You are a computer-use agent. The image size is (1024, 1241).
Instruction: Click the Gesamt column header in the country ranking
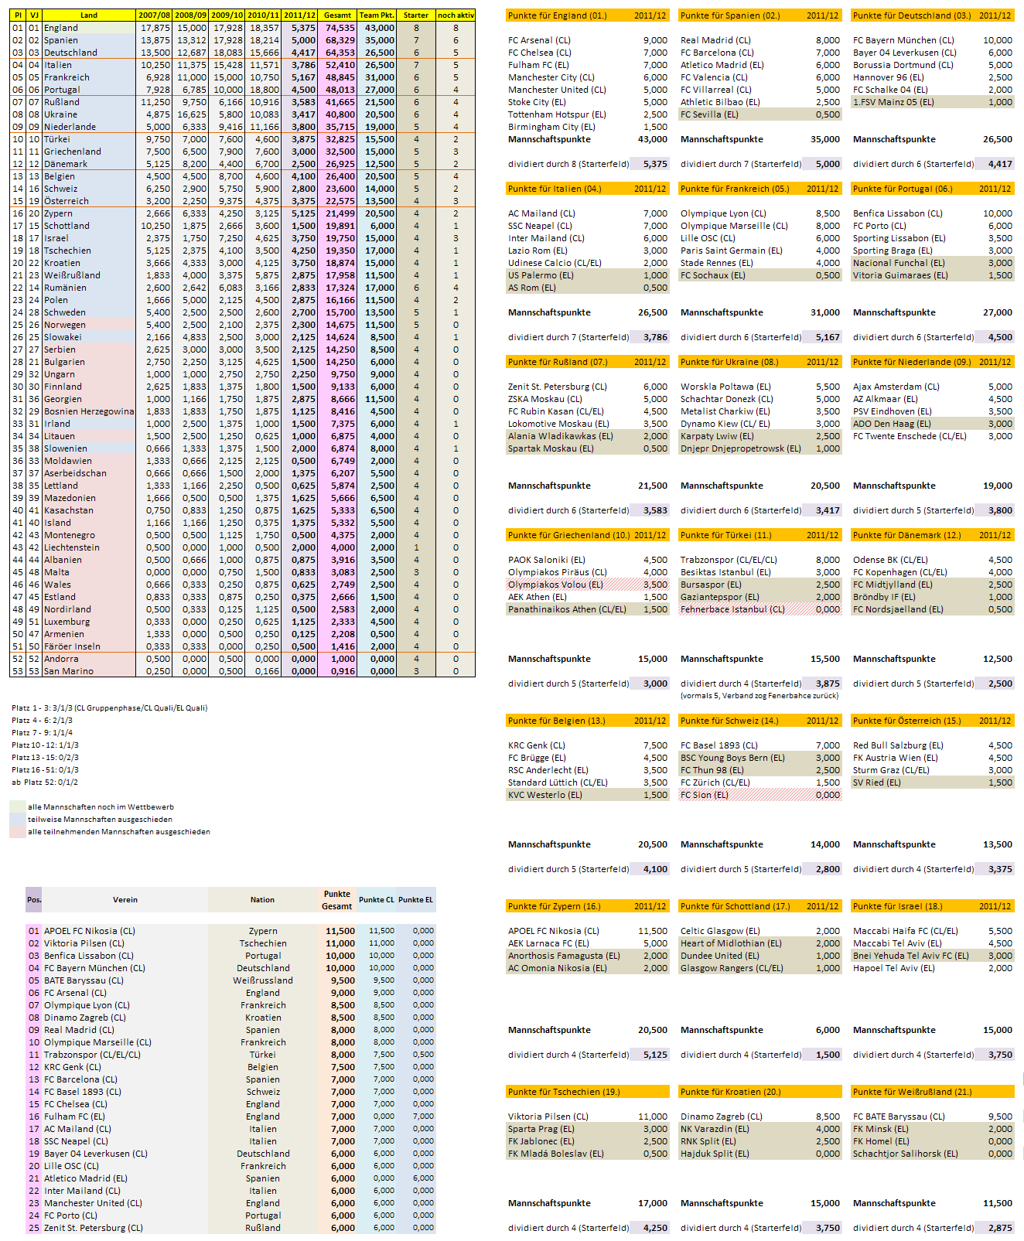tap(337, 15)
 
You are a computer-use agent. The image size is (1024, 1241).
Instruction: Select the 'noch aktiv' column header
tap(456, 15)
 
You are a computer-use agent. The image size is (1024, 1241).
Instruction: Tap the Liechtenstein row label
tap(72, 547)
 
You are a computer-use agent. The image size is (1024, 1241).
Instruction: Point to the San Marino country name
tap(69, 671)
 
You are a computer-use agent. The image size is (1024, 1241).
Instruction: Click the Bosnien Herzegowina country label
tap(89, 411)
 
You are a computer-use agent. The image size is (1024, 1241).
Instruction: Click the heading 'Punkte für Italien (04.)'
tap(555, 189)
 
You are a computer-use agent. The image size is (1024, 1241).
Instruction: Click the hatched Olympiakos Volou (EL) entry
tap(555, 585)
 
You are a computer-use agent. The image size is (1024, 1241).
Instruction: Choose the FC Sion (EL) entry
tap(705, 795)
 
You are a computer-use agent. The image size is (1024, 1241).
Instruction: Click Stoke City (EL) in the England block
tap(537, 102)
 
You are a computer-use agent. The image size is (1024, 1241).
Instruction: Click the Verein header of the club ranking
tap(125, 900)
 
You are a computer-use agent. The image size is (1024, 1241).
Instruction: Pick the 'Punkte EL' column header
tap(416, 900)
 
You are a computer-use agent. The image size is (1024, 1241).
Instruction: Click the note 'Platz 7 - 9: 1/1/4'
tap(43, 732)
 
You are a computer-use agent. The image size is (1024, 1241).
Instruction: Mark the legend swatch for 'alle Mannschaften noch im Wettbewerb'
tap(18, 806)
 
